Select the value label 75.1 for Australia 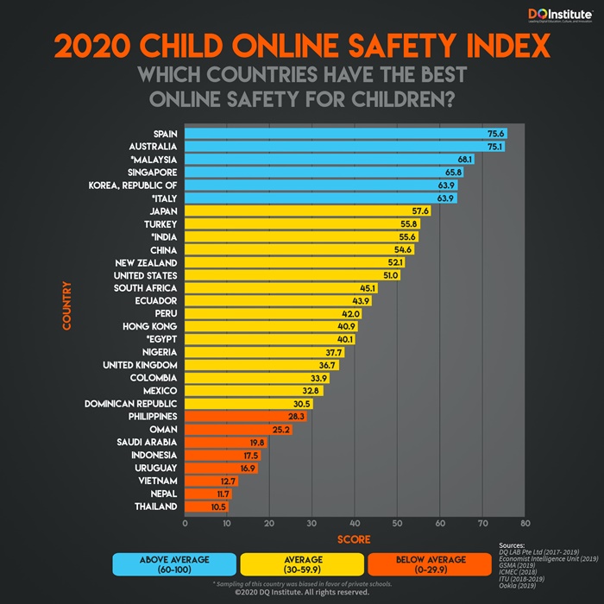coord(494,147)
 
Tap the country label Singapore coord(152,173)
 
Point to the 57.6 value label coord(420,211)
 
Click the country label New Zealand coord(146,262)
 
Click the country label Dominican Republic coord(131,404)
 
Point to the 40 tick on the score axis coord(355,523)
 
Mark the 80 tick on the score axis coord(524,523)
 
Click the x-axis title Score coord(354,539)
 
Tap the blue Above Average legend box coord(174,564)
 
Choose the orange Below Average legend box coord(429,564)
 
